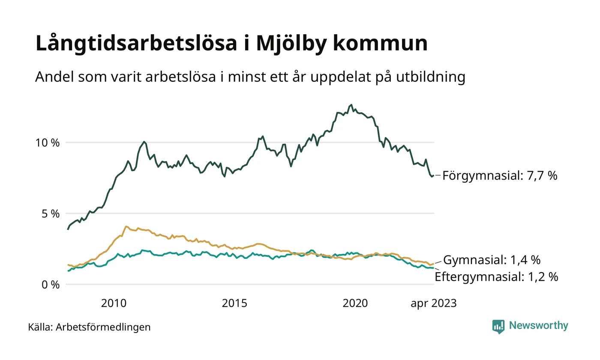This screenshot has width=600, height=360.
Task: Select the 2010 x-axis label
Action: click(x=114, y=304)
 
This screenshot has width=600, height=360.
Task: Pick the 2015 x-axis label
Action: click(x=234, y=304)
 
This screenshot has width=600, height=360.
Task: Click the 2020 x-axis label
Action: click(x=355, y=304)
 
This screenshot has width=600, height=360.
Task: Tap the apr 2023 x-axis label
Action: click(x=433, y=304)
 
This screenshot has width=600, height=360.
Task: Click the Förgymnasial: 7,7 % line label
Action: click(x=500, y=176)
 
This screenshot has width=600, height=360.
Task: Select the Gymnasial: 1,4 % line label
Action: click(x=492, y=260)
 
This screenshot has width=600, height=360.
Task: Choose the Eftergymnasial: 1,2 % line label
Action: click(x=496, y=277)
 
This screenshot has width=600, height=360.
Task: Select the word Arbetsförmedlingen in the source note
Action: click(x=103, y=327)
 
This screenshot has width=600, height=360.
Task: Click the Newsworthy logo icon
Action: click(x=498, y=326)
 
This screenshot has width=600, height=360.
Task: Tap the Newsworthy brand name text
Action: click(x=538, y=326)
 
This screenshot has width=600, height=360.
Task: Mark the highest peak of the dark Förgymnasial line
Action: click(x=351, y=105)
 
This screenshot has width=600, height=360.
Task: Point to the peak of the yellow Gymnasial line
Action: click(x=126, y=226)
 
